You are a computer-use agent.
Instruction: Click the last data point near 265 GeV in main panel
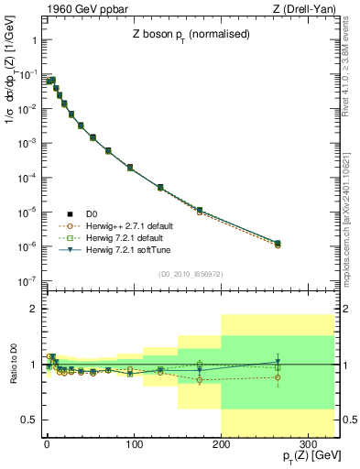pos(278,244)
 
